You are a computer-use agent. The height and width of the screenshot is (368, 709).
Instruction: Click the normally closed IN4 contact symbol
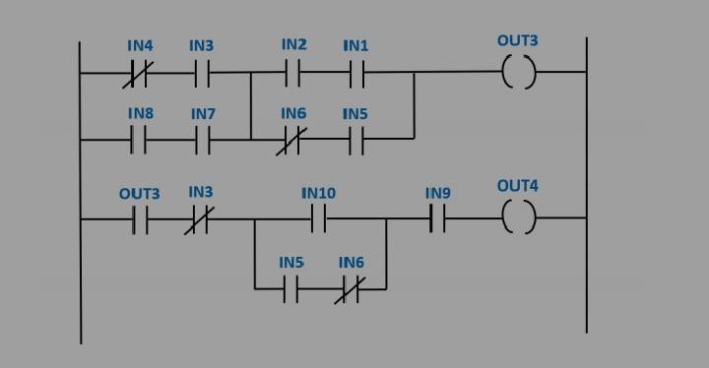(x=136, y=74)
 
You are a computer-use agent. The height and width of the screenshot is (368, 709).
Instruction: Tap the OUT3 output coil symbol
(x=518, y=73)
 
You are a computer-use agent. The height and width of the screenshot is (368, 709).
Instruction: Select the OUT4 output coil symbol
(x=518, y=218)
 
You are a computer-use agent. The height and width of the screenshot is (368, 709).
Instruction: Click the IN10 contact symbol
(x=318, y=218)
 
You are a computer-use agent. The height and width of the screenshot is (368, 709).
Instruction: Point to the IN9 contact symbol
(x=437, y=218)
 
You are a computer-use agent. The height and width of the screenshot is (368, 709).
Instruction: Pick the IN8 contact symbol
(x=139, y=141)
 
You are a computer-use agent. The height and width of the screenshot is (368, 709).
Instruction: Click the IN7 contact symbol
(x=203, y=141)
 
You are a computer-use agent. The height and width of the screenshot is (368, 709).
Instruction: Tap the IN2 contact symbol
(x=292, y=73)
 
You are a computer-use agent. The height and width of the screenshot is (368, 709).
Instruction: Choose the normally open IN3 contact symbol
(x=203, y=74)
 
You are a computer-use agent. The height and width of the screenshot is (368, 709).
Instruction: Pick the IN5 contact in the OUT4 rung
(x=290, y=289)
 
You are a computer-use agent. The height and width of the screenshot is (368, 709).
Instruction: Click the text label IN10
(x=318, y=193)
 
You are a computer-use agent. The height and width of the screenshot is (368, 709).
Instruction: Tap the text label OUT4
(x=517, y=185)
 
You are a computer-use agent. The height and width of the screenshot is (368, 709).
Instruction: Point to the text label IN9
(x=438, y=193)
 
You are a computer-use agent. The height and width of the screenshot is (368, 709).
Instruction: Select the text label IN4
(x=140, y=46)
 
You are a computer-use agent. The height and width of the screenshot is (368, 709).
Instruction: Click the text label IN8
(x=140, y=114)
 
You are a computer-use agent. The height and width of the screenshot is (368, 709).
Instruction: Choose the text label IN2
(x=293, y=44)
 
